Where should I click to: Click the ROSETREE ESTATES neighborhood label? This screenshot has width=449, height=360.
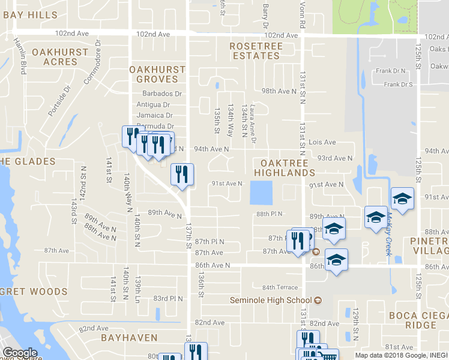click(x=255, y=50)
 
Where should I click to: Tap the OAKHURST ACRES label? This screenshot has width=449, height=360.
click(x=60, y=57)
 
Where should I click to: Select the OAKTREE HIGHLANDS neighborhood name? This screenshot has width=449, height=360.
click(x=284, y=168)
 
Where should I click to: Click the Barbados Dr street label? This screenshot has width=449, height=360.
click(x=162, y=94)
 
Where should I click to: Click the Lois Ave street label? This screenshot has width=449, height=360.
click(x=322, y=143)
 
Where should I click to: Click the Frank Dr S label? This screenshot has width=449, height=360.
click(x=399, y=85)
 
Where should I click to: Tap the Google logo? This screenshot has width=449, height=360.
click(x=20, y=353)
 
